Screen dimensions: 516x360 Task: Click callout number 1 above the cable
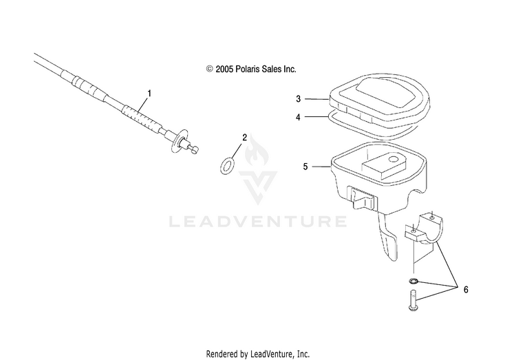pos(149,92)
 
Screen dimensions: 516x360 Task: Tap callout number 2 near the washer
pos(244,138)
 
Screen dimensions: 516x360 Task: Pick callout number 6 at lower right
pos(466,289)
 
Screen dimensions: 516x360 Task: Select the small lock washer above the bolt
pos(411,281)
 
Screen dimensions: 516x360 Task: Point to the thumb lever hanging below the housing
pos(387,242)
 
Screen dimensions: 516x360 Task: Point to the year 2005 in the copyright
pos(226,70)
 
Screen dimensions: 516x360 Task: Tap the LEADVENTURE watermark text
pos(257,222)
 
